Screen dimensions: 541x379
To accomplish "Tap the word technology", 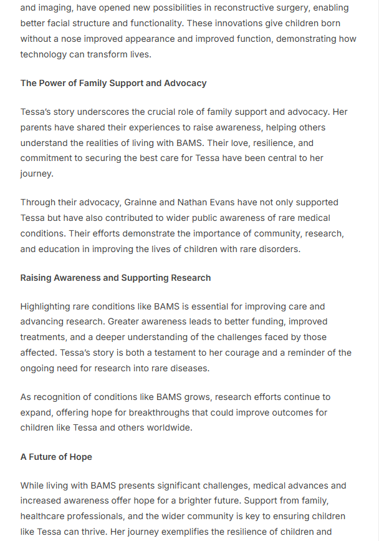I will coord(44,54).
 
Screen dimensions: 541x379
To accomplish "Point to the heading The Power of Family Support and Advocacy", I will coord(113,83).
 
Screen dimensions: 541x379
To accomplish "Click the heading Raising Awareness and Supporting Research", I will coord(115,278).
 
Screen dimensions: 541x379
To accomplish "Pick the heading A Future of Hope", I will coord(56,457).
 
